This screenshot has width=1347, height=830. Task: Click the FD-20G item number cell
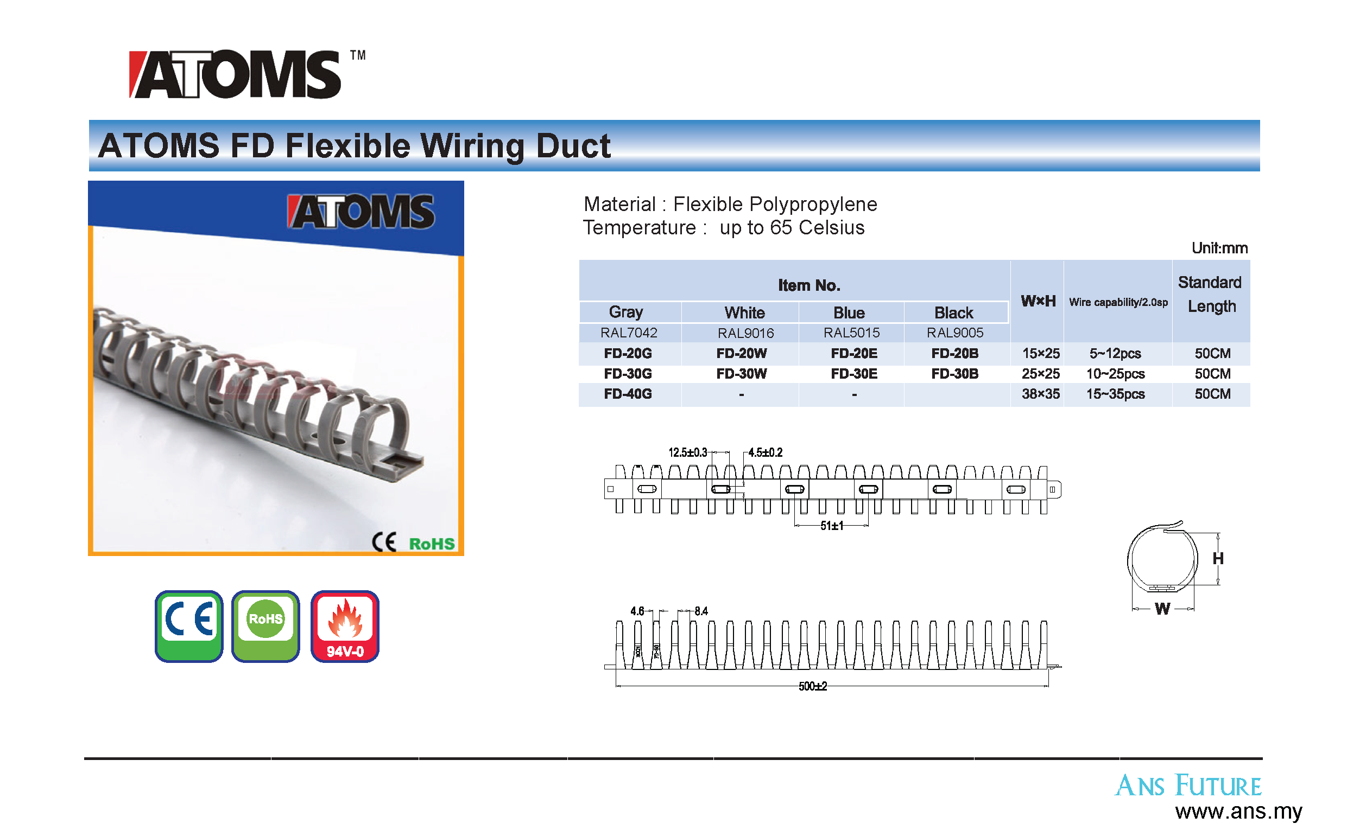point(628,354)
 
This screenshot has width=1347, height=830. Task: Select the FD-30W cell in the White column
point(742,374)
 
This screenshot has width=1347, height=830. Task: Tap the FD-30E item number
point(854,374)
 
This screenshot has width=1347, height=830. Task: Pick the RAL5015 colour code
point(851,333)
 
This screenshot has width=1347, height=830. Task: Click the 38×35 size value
point(1041,394)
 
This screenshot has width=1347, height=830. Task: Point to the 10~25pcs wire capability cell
point(1116,374)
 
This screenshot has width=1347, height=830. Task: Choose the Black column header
point(954,313)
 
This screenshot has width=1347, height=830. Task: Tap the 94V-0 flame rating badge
point(345,627)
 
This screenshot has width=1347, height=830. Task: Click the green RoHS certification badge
point(266,627)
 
